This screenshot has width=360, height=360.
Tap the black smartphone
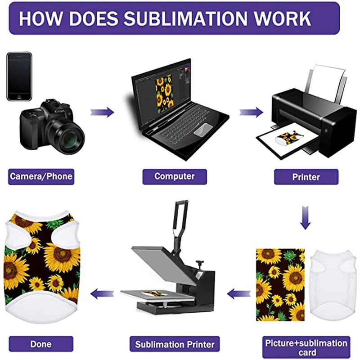coord(19,76)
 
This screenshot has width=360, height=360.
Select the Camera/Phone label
coord(41,176)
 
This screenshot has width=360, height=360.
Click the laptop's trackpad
coord(202,130)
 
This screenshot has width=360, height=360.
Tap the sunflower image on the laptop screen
coord(164,91)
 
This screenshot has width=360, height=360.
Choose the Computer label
coord(175,176)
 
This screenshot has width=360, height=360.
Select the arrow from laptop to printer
coord(251,112)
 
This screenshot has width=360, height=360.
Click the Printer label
coord(306,177)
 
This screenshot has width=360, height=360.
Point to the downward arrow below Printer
coord(306,217)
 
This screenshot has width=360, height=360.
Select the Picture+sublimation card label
coord(306,347)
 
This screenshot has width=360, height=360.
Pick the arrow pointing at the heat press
coord(238,294)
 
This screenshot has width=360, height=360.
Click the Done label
coord(41,345)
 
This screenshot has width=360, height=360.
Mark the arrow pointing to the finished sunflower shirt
coord(102,294)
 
